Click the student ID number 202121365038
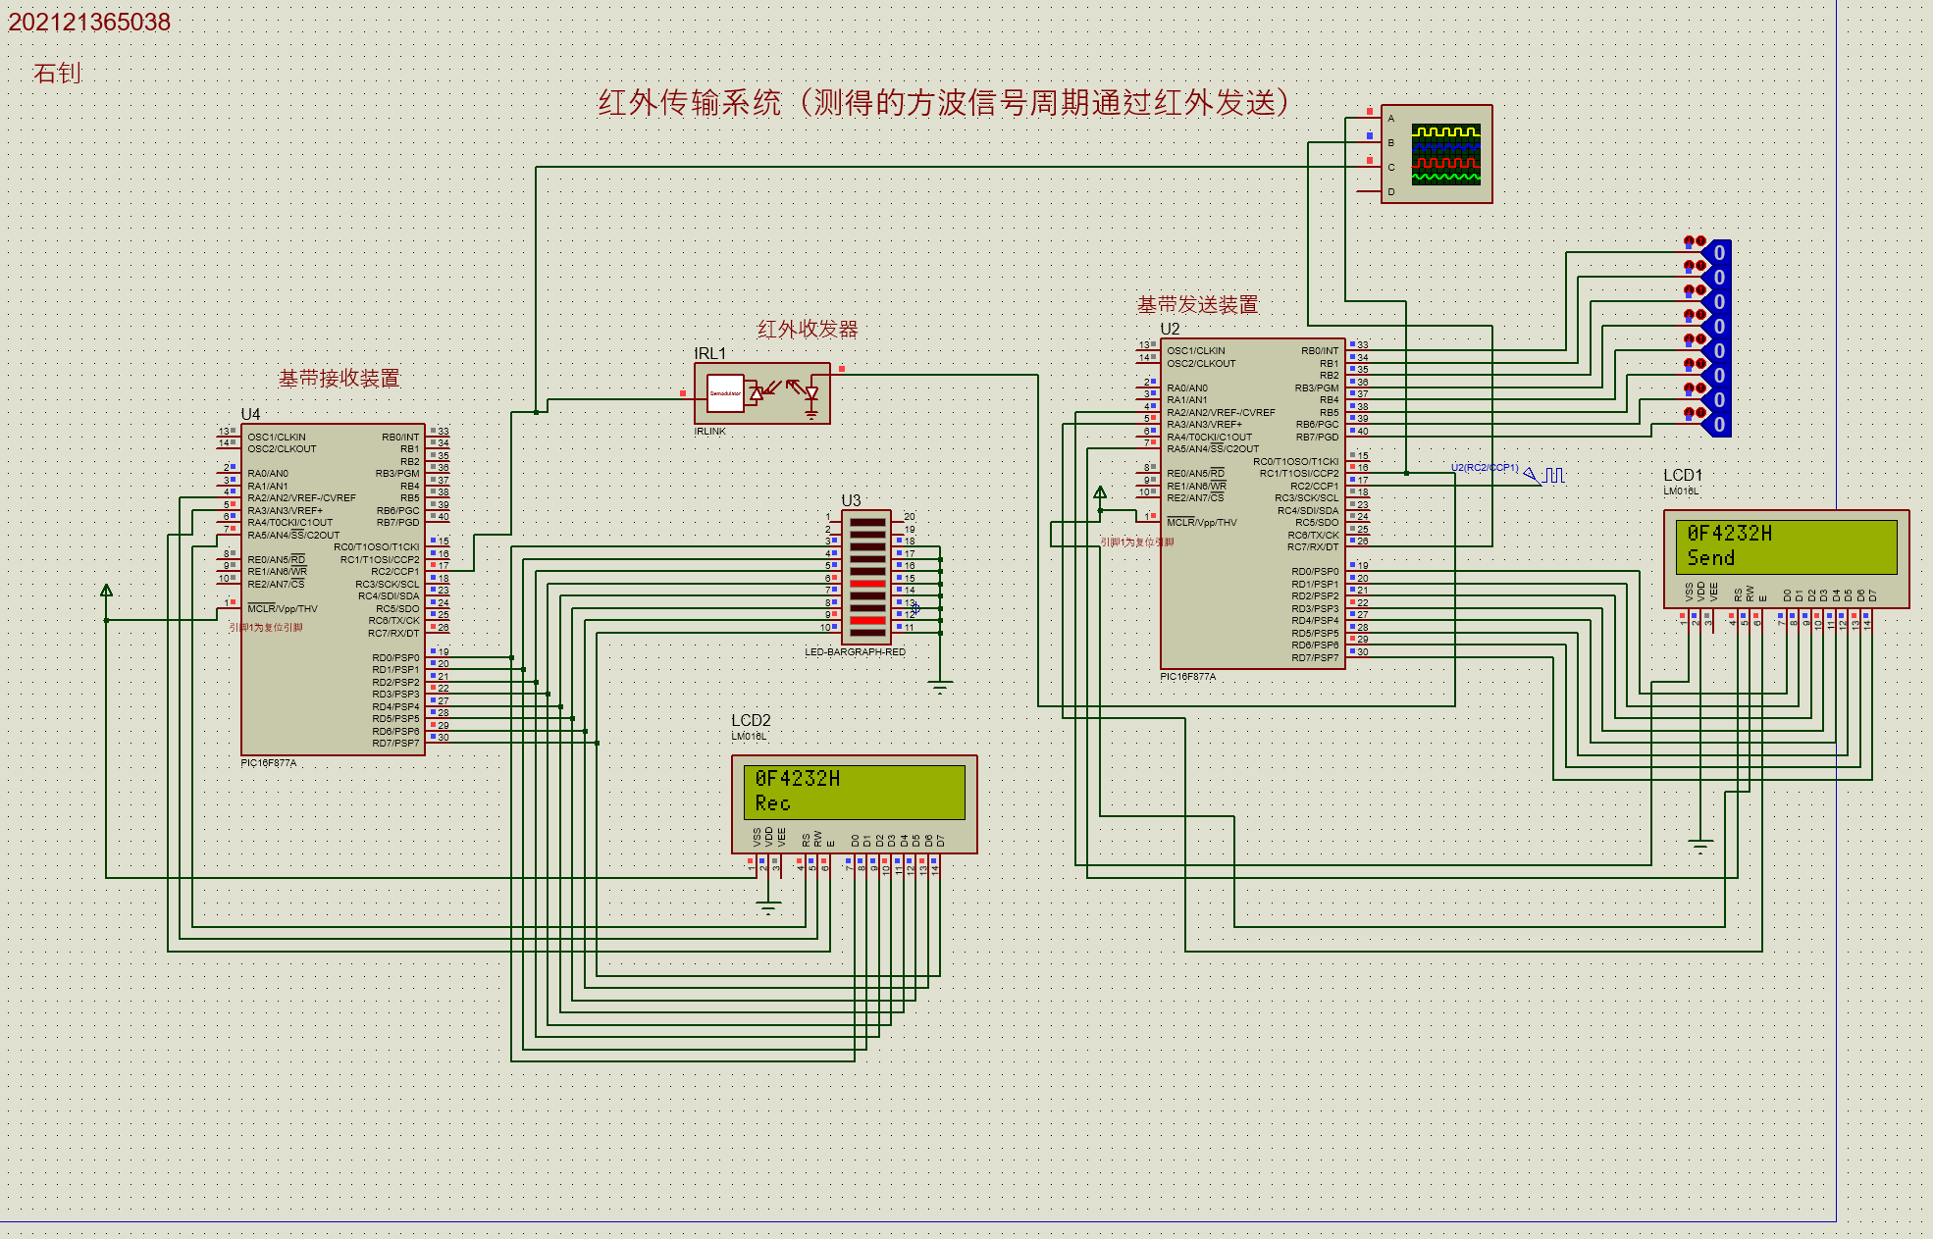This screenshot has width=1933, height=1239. click(89, 23)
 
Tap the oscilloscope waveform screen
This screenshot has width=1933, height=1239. click(1445, 154)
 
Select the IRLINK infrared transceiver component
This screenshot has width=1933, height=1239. click(762, 393)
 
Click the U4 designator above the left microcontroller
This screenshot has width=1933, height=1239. click(251, 414)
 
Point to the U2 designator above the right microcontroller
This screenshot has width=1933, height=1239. click(1170, 329)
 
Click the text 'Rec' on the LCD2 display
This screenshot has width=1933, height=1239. click(772, 803)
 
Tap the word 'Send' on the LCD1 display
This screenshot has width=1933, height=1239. click(1710, 558)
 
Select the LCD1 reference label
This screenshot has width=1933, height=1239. click(1683, 475)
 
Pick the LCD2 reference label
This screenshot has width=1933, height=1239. click(751, 720)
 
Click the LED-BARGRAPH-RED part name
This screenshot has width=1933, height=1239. click(855, 652)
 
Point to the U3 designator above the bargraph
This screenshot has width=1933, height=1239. click(851, 500)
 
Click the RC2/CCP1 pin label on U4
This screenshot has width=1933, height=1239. click(394, 572)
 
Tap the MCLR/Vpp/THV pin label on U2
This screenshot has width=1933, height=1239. click(1202, 523)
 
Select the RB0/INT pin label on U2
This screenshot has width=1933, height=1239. click(1320, 351)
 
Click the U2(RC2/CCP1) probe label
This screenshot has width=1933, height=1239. click(1484, 468)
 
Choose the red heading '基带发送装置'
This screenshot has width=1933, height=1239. click(1197, 305)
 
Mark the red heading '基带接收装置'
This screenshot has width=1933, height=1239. click(339, 379)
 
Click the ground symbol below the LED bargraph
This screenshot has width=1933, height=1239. click(940, 687)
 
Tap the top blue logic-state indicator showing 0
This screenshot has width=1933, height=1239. click(1718, 253)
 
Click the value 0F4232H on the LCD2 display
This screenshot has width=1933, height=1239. click(797, 779)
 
